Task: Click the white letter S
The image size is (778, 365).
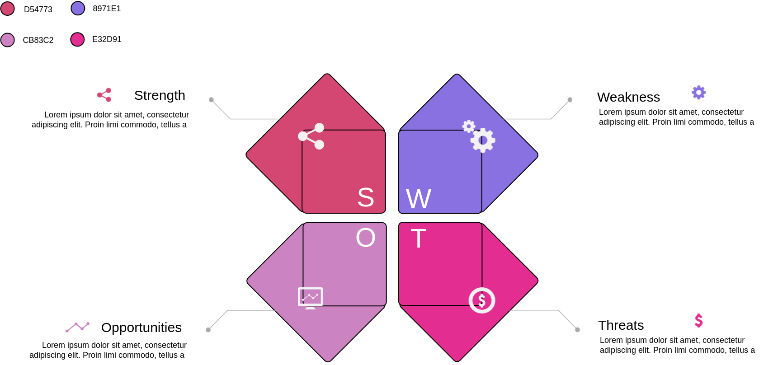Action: click(x=366, y=197)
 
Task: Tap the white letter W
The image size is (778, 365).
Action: click(x=419, y=199)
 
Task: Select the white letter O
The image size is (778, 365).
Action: click(x=366, y=238)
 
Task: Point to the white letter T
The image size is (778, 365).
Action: click(x=419, y=239)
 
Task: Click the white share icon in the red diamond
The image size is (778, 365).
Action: click(x=311, y=136)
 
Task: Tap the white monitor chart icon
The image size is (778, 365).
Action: click(x=310, y=298)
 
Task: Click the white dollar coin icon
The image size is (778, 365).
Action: click(x=482, y=300)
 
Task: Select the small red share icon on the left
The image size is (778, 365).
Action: click(x=104, y=95)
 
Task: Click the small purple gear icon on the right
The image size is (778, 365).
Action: click(x=699, y=93)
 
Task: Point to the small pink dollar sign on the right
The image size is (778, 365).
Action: click(x=699, y=321)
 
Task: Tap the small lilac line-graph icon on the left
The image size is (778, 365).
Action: click(x=77, y=327)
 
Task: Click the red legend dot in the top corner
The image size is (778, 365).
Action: click(x=8, y=9)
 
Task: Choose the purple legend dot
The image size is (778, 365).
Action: click(x=78, y=8)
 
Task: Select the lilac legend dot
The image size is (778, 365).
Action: click(x=8, y=40)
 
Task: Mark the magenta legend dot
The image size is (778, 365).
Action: click(x=77, y=39)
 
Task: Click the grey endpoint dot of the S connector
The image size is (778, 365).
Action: click(x=211, y=100)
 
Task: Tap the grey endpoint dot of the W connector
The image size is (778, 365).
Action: click(x=570, y=100)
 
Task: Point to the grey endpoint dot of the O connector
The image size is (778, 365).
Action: click(x=208, y=330)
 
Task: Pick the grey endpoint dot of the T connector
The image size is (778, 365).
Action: click(x=577, y=330)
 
